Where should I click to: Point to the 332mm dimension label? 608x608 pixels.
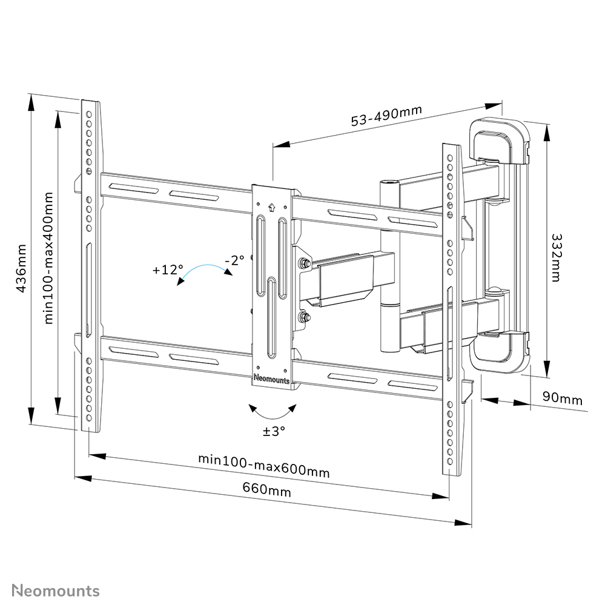(x=557, y=258)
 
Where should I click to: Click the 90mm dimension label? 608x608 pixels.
(x=562, y=399)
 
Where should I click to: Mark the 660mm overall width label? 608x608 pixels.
(x=266, y=489)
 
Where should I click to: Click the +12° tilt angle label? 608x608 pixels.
(x=168, y=270)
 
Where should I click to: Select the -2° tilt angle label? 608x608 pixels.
(x=234, y=260)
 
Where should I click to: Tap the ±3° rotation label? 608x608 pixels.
(x=274, y=431)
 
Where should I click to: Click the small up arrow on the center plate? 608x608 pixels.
(x=271, y=207)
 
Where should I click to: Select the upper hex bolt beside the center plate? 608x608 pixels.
(x=302, y=264)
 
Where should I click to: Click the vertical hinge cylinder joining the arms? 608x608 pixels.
(x=388, y=266)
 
